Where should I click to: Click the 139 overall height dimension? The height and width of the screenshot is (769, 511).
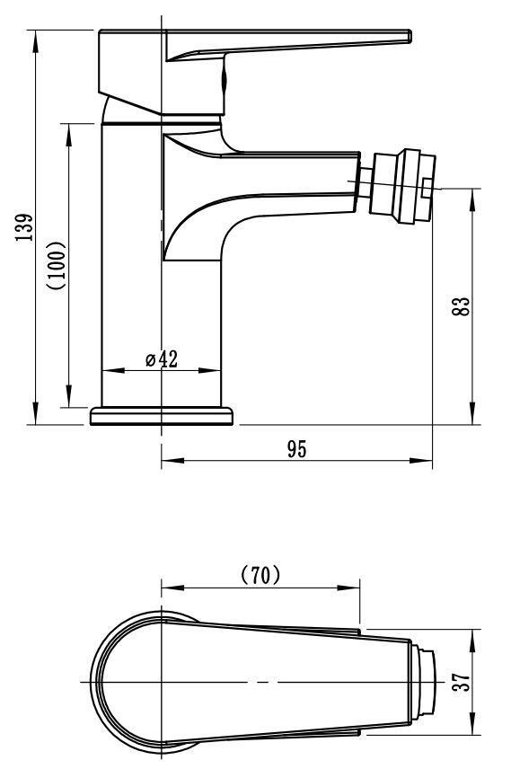[24, 227]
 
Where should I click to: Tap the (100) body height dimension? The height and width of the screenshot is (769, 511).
[57, 265]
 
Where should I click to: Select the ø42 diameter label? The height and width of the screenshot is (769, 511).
[162, 359]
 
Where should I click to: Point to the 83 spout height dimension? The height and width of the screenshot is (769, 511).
[462, 306]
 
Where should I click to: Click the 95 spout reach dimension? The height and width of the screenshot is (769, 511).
[297, 449]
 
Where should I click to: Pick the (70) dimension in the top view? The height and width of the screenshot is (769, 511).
[261, 574]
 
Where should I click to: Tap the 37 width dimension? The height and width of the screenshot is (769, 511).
[462, 681]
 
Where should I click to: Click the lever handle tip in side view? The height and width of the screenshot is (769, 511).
[408, 36]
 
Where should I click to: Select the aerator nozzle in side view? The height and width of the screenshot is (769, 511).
[402, 188]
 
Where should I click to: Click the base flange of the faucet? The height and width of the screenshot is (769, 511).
[162, 416]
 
